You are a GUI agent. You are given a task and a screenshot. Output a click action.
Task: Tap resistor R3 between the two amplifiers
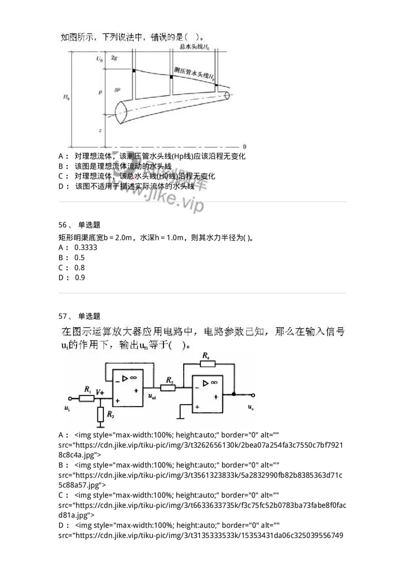pos(168,388)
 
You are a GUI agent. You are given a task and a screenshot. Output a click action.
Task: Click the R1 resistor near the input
pos(87,398)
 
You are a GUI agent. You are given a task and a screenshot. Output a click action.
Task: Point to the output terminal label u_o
pos(251,407)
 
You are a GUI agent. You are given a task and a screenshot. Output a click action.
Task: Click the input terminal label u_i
pos(67,407)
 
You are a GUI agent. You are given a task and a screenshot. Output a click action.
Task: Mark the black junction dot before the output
pos(233,393)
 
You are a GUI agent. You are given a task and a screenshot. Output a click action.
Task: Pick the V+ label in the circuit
pos(100,391)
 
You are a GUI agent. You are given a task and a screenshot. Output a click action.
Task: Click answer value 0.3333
pos(86,248)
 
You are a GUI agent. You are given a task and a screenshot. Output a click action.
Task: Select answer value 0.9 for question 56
pos(80,277)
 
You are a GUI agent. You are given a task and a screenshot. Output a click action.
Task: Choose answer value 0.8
pos(79,268)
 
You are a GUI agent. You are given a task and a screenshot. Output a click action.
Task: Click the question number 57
pos(63,316)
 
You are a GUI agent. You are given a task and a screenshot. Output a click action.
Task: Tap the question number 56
pos(63,224)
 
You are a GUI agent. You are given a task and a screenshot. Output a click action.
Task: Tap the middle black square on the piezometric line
pos(172,77)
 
